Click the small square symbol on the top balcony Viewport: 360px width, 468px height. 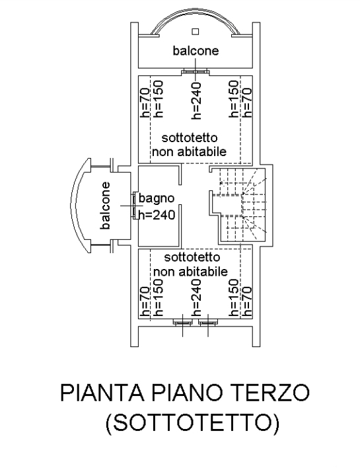[196, 31]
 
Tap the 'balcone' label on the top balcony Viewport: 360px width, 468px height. [196, 50]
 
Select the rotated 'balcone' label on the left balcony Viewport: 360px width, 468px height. [105, 206]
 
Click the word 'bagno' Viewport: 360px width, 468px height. [157, 198]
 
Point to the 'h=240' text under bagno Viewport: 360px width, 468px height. [157, 214]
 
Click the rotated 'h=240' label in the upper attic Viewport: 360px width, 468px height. [197, 100]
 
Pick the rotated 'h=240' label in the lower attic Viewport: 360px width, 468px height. [197, 298]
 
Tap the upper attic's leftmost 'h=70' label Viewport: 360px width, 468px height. [145, 102]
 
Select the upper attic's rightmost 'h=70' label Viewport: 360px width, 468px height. [246, 102]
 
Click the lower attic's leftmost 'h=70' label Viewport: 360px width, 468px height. [145, 301]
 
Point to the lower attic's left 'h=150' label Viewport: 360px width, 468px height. [158, 298]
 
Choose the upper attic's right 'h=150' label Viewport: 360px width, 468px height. [234, 99]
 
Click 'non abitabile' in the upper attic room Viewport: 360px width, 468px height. [190, 151]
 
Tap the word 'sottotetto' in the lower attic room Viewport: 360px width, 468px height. [192, 257]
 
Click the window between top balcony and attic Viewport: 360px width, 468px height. [196, 71]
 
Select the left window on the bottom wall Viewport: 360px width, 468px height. [182, 323]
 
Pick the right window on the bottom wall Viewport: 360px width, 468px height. [208, 323]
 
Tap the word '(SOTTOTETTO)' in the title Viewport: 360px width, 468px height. [192, 422]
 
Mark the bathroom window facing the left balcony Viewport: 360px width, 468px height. [135, 206]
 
